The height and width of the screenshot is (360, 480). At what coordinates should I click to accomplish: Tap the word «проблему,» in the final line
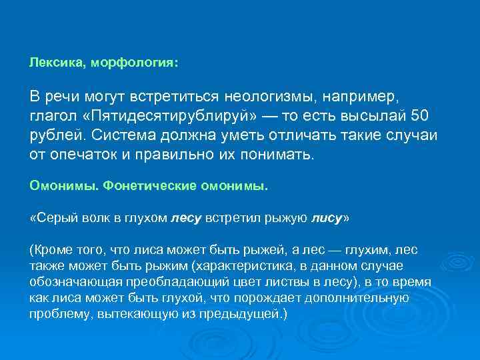(x=59, y=313)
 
